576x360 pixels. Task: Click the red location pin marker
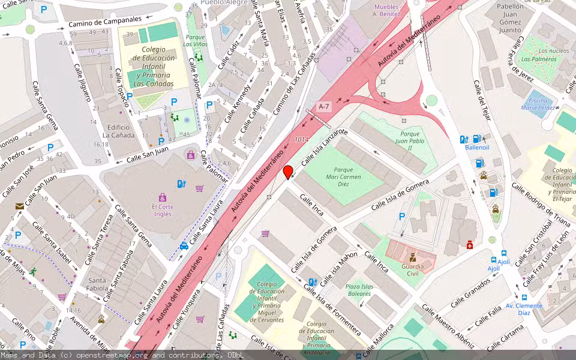288,172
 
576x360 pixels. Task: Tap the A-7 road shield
324,107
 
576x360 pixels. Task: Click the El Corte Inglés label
162,210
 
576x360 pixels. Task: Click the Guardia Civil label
412,269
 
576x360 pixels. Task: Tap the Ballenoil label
477,147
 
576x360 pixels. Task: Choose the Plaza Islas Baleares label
359,290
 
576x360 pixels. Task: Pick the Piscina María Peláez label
537,104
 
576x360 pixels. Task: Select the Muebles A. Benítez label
386,10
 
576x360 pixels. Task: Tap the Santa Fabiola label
97,284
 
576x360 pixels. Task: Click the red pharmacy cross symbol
470,245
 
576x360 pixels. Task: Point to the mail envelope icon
20,206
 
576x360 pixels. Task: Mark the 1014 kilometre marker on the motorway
302,140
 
